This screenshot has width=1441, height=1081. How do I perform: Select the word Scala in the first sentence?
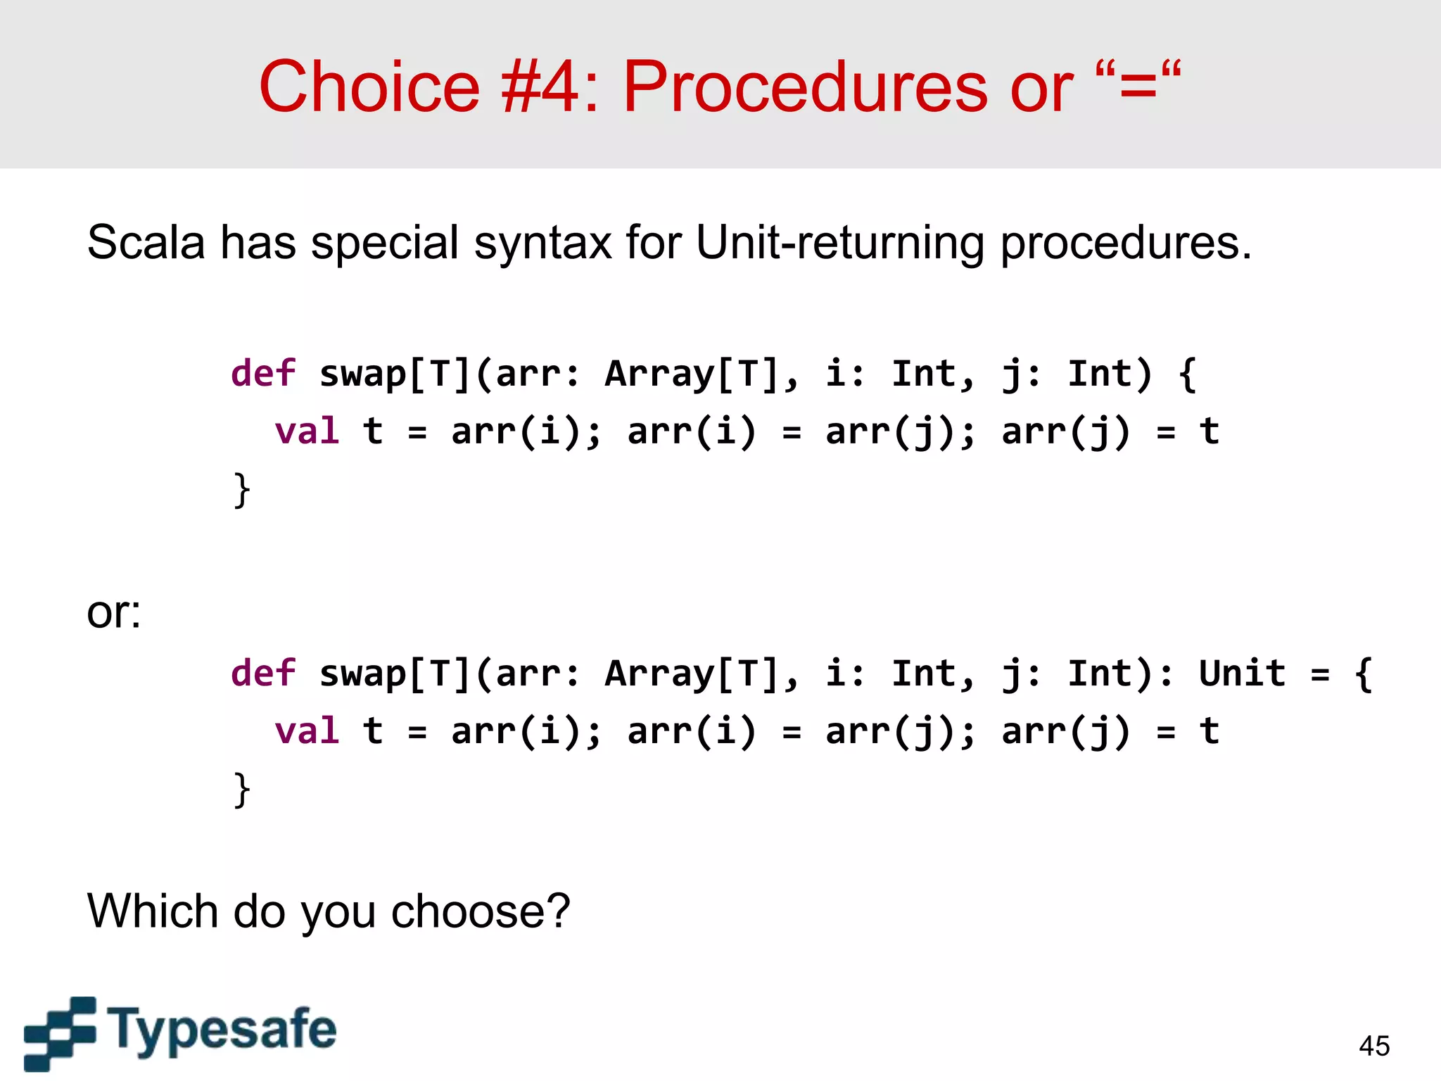(x=146, y=243)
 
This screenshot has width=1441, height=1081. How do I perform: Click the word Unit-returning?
(x=839, y=243)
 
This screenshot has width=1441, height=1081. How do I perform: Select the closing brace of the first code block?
(x=241, y=490)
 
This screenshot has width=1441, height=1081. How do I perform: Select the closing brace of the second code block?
(x=241, y=790)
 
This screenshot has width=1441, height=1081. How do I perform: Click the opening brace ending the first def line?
(x=1188, y=374)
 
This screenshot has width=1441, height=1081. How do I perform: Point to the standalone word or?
(x=113, y=613)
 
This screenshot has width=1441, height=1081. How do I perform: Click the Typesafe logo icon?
(x=59, y=1033)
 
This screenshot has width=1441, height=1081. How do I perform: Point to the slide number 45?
(x=1374, y=1046)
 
